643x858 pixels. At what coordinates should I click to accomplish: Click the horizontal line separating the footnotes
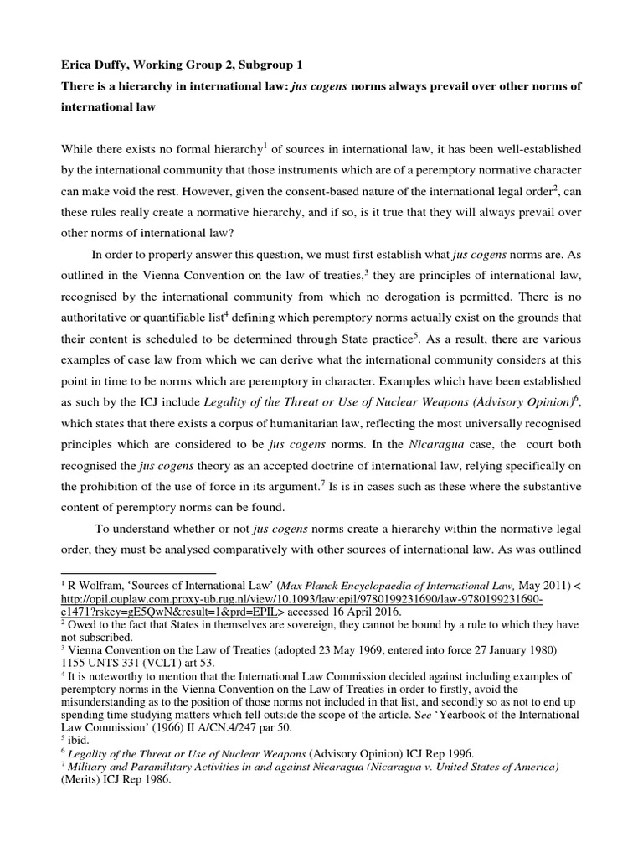[138, 574]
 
